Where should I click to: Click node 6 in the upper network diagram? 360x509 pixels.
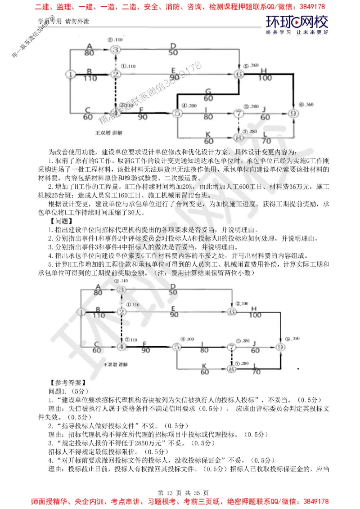pos(239,74)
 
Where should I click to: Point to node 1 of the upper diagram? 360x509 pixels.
pos(71,74)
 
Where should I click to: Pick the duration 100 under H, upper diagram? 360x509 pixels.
pos(265,78)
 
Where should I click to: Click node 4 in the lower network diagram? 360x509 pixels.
pos(121,346)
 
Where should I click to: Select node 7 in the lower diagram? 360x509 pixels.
pos(231,347)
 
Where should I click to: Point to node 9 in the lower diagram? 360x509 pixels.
pos(280,347)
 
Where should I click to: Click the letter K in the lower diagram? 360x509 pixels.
pos(205,366)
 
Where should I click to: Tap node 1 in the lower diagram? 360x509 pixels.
pos(81,311)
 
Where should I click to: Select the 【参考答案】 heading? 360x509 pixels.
pos(67,383)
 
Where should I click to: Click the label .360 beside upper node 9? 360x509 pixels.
pos(309,104)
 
